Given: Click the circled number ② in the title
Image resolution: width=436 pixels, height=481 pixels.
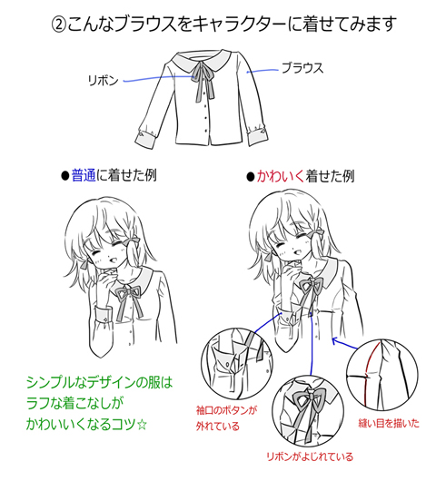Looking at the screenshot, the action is click(x=58, y=25).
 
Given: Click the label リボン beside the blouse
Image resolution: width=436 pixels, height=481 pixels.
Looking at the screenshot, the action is click(x=103, y=81).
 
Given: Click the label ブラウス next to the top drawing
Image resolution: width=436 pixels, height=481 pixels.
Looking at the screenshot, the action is click(x=302, y=68).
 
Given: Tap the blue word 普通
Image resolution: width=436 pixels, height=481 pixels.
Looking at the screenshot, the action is click(x=84, y=176).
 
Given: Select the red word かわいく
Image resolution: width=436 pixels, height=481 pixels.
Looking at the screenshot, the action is click(x=281, y=176).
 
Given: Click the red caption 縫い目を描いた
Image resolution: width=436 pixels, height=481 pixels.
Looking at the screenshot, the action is click(x=389, y=423).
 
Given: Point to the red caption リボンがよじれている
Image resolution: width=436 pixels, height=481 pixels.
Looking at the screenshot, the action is click(x=310, y=456).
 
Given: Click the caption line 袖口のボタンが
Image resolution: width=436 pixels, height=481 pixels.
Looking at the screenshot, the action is click(x=226, y=410).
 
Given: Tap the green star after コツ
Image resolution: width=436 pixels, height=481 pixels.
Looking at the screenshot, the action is click(x=142, y=425).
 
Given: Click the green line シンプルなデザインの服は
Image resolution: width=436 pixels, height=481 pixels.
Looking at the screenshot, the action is click(x=100, y=382).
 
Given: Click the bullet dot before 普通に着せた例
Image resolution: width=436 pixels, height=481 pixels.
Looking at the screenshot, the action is click(x=64, y=176).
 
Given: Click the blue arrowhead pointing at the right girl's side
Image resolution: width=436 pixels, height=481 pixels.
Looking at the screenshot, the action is click(x=335, y=341).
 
